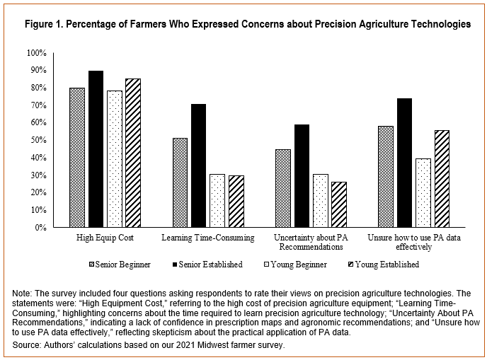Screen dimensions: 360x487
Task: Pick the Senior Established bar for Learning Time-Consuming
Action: pos(199,166)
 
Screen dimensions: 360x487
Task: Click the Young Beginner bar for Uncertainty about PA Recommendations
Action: pos(321,201)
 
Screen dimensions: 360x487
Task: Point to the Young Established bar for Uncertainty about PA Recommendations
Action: pos(339,204)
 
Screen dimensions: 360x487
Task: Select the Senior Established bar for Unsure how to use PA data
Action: pos(405,163)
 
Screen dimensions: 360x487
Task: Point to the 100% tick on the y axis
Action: pos(37,53)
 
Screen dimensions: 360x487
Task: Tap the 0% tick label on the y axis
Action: pos(41,228)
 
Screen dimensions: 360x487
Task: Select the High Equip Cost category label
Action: pos(105,238)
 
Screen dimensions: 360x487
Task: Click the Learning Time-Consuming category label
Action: pos(208,238)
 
